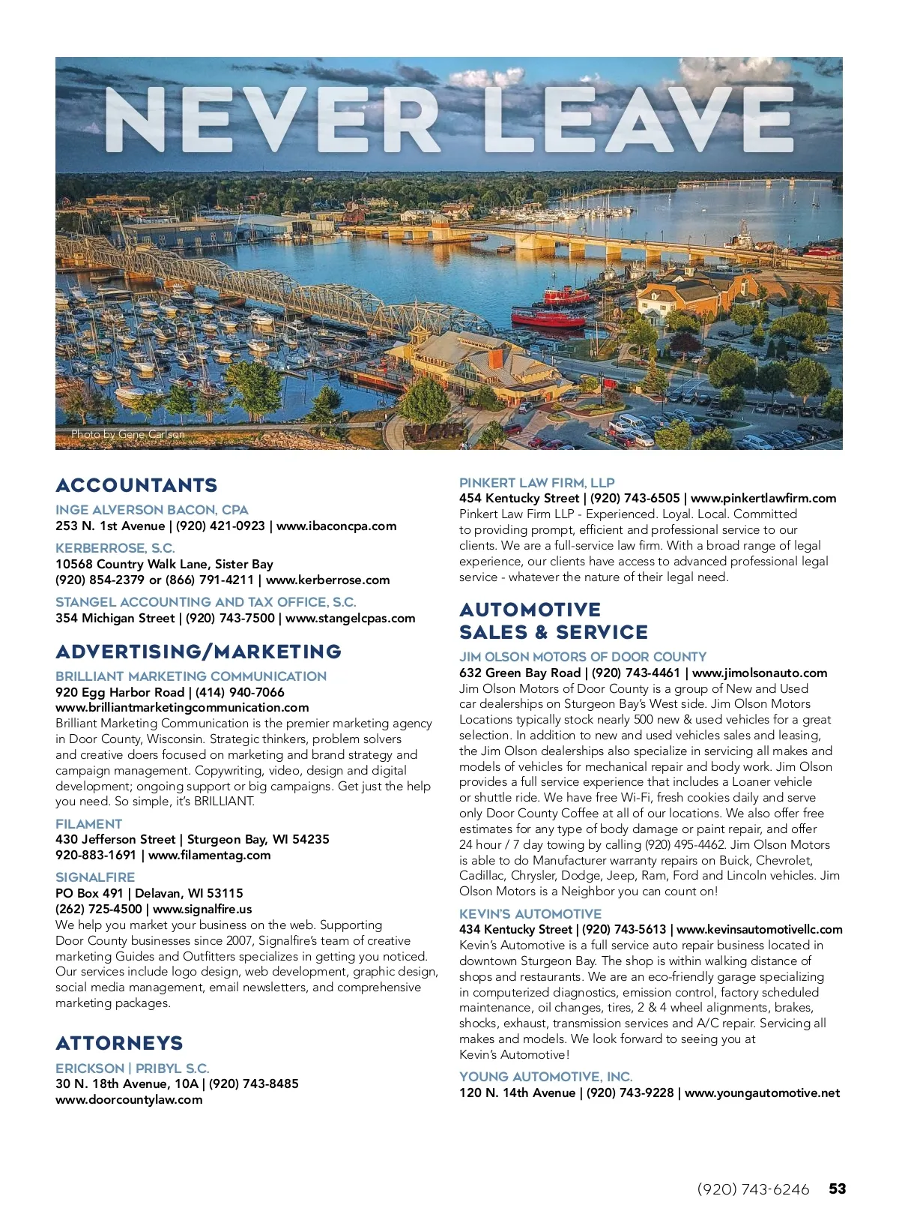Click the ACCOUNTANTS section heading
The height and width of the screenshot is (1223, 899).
136,485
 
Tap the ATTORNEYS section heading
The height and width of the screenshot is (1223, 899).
119,1043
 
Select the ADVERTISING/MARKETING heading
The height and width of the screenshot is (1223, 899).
199,652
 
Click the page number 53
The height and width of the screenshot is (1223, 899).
837,1189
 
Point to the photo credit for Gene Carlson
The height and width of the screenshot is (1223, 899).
127,434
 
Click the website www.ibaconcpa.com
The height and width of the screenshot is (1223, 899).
336,526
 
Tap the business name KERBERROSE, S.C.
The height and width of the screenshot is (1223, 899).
115,548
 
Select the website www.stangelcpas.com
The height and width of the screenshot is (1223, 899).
350,618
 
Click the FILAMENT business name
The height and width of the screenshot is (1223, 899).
88,823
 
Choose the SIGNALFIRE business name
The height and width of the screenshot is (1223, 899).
95,877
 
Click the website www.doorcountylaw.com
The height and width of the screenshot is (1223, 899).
129,1099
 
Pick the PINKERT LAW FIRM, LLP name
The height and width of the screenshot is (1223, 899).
536,483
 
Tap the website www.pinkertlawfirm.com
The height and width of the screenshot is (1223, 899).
763,498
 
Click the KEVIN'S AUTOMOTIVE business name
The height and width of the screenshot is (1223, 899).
530,913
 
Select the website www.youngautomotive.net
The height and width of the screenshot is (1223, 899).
762,1093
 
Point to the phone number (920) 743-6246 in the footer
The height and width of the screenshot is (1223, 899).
753,1189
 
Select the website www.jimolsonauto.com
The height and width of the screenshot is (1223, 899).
760,673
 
